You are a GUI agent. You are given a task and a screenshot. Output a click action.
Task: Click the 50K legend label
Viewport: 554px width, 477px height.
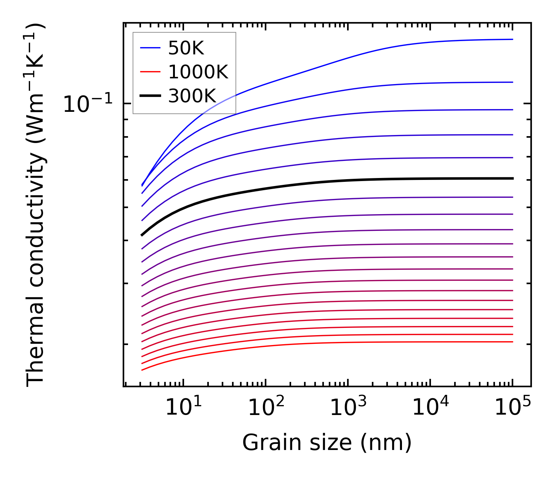click(186, 48)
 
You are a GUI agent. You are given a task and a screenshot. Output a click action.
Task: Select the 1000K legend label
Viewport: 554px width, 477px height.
click(198, 72)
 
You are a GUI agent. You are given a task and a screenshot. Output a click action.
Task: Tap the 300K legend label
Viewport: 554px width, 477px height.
click(192, 96)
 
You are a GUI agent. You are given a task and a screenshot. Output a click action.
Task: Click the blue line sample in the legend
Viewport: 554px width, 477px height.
click(151, 48)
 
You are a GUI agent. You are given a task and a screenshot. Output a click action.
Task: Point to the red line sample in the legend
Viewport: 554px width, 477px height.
click(151, 72)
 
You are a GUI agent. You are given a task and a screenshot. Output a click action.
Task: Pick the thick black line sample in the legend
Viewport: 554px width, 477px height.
click(151, 96)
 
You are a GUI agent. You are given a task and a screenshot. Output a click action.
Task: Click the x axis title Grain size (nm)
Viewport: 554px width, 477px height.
click(327, 443)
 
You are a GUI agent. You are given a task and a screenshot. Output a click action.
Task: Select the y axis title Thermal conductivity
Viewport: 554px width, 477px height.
click(36, 205)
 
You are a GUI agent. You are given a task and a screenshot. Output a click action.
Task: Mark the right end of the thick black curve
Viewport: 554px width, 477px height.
click(513, 178)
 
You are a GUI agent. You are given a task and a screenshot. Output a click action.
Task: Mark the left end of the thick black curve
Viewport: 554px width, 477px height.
click(142, 235)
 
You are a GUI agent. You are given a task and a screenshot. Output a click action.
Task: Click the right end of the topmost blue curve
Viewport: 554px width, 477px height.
click(513, 39)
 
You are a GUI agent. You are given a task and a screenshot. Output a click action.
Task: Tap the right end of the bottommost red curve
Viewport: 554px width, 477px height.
click(513, 342)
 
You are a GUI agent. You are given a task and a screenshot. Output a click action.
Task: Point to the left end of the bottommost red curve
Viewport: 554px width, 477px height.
click(142, 370)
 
